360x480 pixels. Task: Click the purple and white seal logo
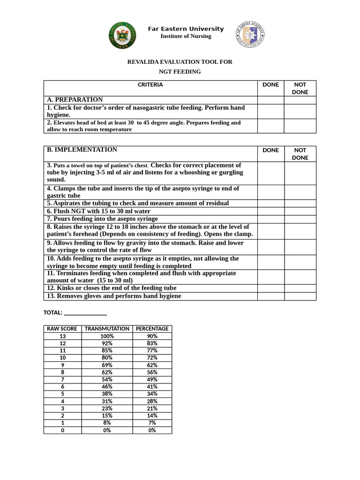pos(249,35)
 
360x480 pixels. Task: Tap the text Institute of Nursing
pos(186,37)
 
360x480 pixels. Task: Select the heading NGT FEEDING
pos(180,72)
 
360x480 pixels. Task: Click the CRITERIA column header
pos(150,85)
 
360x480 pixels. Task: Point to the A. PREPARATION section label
pos(75,100)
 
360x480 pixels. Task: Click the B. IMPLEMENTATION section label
pos(82,150)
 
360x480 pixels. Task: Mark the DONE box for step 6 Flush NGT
pos(270,211)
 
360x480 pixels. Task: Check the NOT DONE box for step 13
pos(300,296)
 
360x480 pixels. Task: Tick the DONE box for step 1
pos(270,111)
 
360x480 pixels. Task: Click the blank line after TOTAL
pos(85,312)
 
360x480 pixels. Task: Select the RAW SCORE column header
pos(62,329)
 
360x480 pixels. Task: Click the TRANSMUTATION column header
pos(107,329)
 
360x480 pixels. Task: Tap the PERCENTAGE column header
pos(152,329)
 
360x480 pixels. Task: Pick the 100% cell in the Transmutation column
pos(107,336)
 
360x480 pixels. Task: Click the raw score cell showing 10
pos(62,358)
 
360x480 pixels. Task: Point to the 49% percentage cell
pos(152,379)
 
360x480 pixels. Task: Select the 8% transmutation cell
pos(107,423)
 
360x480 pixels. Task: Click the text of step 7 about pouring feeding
pos(102,219)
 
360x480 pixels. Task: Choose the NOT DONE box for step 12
pos(300,288)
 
